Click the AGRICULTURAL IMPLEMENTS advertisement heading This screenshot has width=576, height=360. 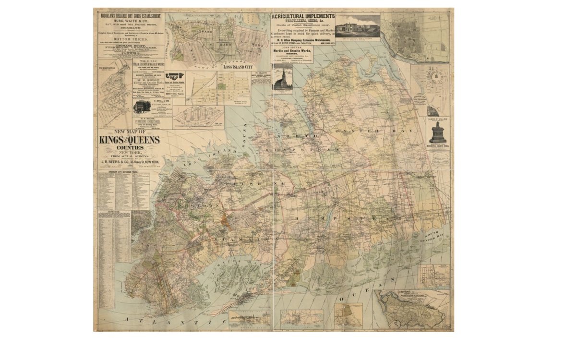click(x=303, y=16)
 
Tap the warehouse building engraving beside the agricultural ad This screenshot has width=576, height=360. click(x=358, y=25)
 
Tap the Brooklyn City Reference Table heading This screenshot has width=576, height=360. click(x=123, y=171)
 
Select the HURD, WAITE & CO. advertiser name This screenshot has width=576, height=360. click(x=131, y=21)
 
